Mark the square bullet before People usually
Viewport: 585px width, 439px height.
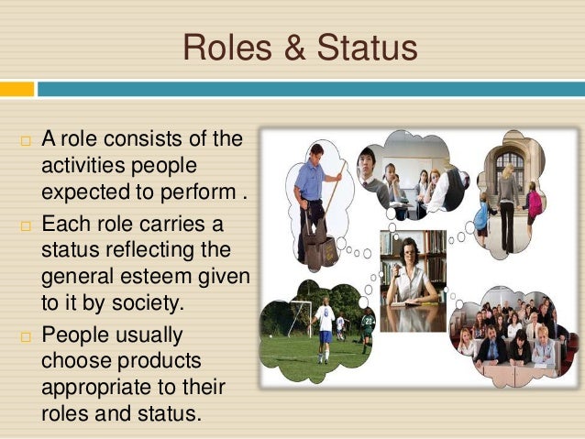[x=25, y=335]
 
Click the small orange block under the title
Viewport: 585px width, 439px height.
[x=17, y=89]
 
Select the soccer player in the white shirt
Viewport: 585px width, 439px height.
[x=325, y=329]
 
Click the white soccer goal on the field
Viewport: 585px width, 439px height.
[x=297, y=317]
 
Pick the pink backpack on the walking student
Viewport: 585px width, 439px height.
[x=535, y=204]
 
